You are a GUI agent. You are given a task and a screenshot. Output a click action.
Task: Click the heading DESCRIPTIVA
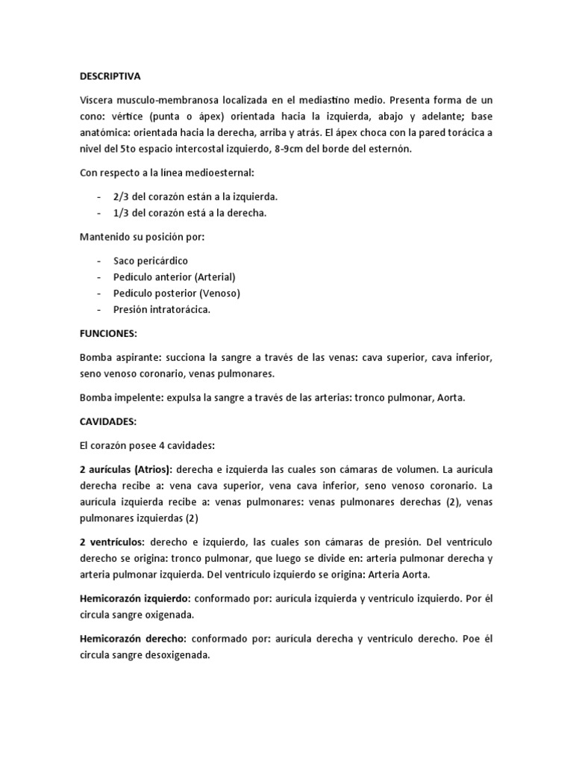(x=110, y=76)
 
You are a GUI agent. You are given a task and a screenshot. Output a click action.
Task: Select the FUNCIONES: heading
(x=107, y=333)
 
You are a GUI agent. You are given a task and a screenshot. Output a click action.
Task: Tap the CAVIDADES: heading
(x=107, y=422)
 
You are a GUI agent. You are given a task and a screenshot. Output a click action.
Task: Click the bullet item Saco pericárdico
(x=151, y=261)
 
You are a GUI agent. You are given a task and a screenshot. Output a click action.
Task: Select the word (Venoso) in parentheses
(x=218, y=294)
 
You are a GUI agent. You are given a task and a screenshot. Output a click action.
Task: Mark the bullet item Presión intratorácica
(x=162, y=310)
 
